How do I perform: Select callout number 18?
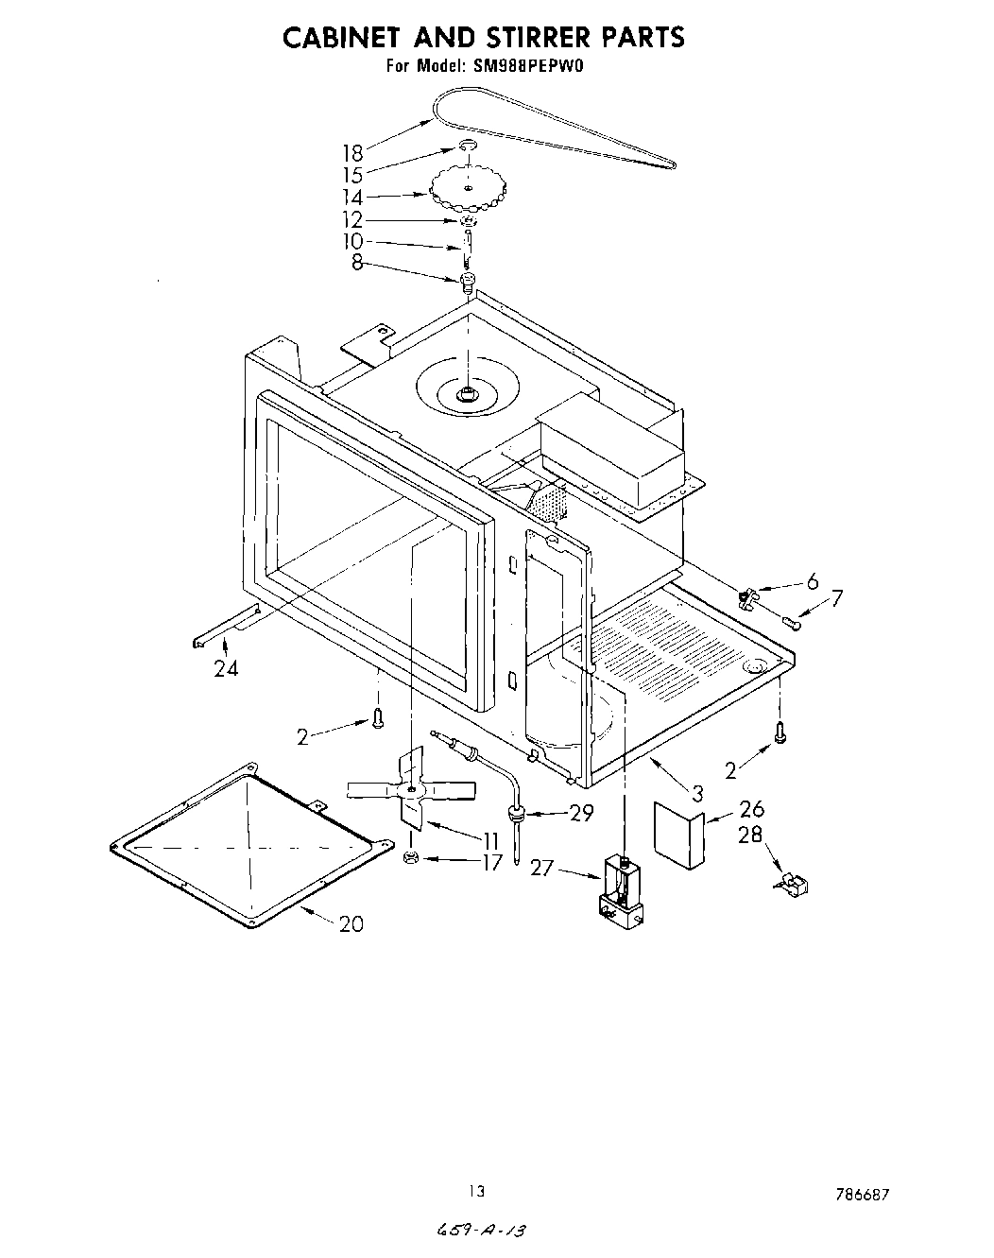coord(351,153)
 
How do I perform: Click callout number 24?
coord(226,669)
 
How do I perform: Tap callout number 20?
coord(351,923)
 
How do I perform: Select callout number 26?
coord(751,809)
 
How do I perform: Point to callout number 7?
coord(836,598)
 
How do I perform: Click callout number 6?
coord(811,581)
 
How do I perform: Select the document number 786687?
coord(862,1195)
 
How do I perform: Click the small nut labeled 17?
coord(410,857)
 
